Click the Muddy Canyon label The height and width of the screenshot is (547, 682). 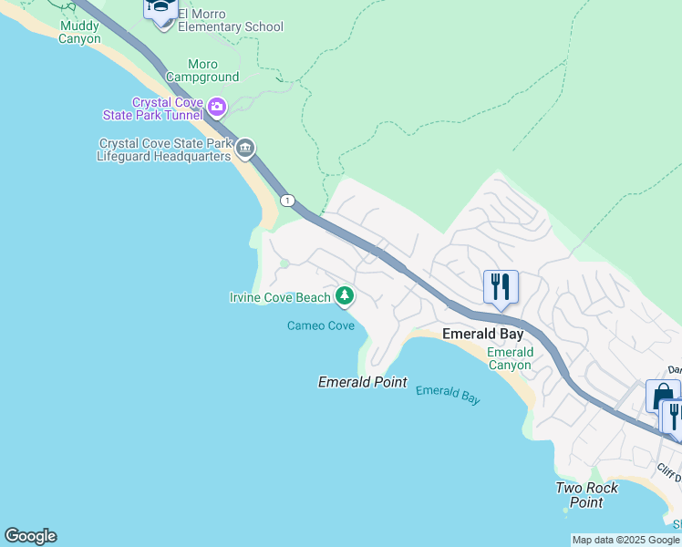[x=79, y=33]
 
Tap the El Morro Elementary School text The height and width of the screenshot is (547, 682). [x=231, y=21]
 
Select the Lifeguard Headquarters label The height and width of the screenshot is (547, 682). [x=164, y=150]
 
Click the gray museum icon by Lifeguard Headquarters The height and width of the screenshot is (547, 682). [x=244, y=149]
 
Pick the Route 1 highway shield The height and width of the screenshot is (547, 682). [x=287, y=201]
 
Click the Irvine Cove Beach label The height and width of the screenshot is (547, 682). [x=280, y=297]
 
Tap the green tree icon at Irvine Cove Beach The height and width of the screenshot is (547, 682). [x=345, y=294]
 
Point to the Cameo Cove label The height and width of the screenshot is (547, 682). [x=321, y=325]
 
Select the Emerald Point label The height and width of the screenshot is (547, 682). [x=362, y=382]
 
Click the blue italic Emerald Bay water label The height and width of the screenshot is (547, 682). [x=448, y=394]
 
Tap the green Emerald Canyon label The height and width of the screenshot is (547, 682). [x=510, y=358]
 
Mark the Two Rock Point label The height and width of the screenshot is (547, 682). [x=586, y=495]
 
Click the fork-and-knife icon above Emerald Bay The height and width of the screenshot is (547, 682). [x=501, y=287]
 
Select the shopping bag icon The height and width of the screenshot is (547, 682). [x=660, y=397]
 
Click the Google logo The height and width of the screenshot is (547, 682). [x=30, y=536]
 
